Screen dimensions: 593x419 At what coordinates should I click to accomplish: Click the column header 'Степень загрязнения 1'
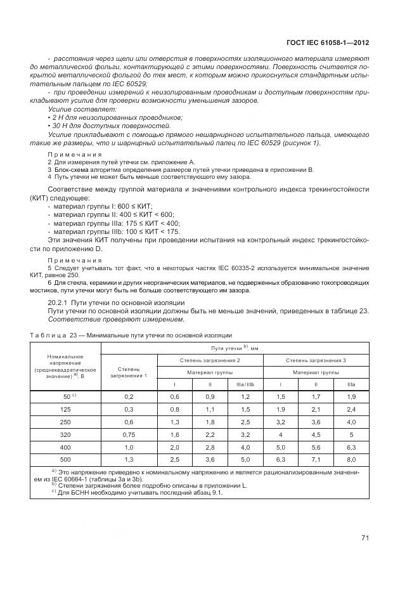(x=129, y=372)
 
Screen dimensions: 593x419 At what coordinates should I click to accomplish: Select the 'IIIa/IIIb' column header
(x=245, y=384)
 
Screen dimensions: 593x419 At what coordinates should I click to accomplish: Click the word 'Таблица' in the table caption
(x=47, y=334)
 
